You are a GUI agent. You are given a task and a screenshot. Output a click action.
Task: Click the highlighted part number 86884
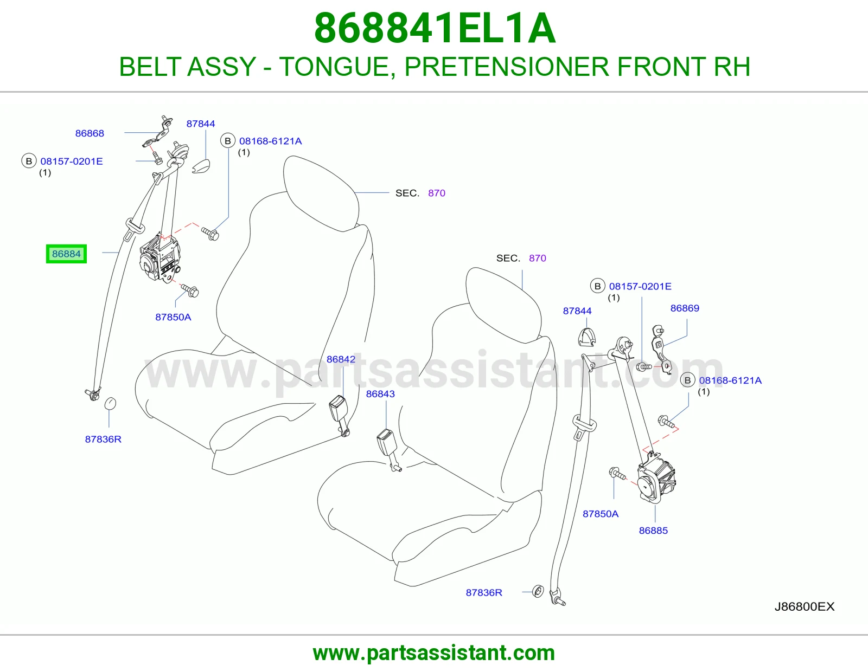coord(66,254)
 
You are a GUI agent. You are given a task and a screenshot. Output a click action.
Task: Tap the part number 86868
coord(90,133)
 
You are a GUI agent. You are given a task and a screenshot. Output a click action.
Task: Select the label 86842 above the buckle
coord(341,359)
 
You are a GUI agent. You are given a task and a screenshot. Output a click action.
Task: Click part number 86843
coord(380,394)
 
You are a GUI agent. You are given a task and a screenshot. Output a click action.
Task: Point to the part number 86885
coord(653,531)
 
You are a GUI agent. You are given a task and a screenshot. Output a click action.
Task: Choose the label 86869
coord(685,308)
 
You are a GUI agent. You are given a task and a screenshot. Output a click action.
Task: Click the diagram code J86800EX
coord(805,606)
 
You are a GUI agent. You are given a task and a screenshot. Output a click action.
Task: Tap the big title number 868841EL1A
coord(435,29)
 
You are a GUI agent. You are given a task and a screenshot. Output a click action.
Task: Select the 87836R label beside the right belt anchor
coord(484,592)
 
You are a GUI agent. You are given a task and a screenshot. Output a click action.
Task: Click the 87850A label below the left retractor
coord(173,317)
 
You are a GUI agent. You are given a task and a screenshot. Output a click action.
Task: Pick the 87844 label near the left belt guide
coord(201,124)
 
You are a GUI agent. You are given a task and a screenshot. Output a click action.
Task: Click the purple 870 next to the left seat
coord(437,193)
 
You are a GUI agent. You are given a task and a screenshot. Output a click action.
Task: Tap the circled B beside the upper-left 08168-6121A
coord(228,141)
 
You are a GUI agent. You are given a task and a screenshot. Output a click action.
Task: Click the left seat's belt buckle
coord(339,416)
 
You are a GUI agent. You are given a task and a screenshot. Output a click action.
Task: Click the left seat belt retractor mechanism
coord(159,258)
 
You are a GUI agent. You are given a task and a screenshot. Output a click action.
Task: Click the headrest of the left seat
coord(321,193)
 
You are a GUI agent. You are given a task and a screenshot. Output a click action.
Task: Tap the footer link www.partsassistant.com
coord(434,653)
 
